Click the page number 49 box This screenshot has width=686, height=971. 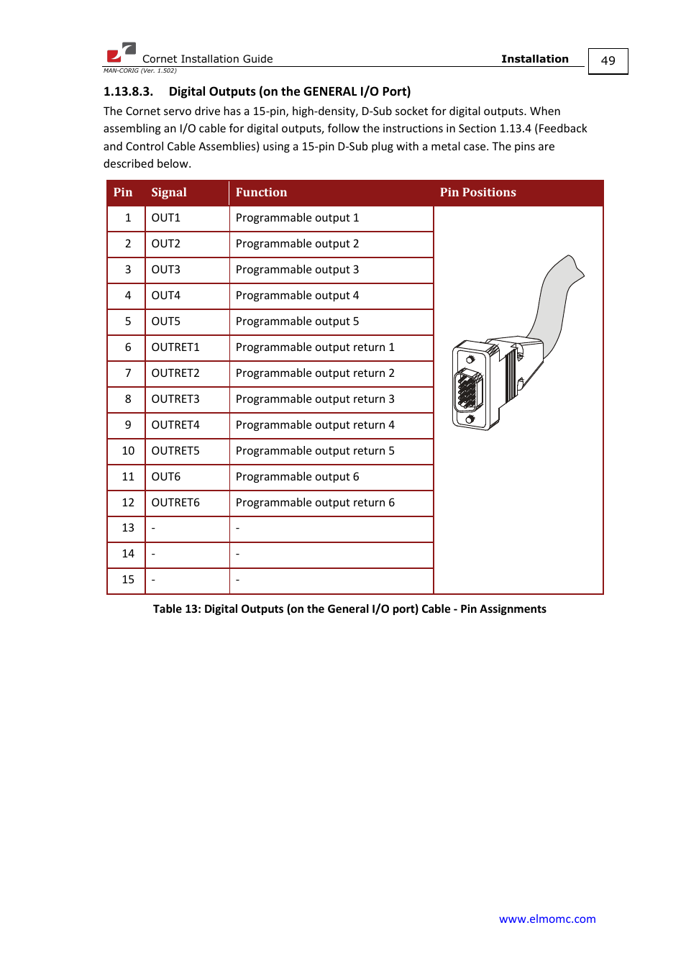click(608, 61)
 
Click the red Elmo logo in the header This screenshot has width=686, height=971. click(121, 53)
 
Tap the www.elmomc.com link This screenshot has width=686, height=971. click(547, 918)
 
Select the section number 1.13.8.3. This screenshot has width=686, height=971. click(128, 91)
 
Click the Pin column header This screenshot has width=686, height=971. click(123, 193)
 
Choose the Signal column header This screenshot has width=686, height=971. click(169, 193)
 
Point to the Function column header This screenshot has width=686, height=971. click(261, 193)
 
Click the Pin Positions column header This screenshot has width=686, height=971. click(478, 193)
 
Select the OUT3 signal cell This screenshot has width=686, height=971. click(166, 270)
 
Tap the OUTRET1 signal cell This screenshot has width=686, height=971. click(175, 347)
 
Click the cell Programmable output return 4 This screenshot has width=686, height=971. click(315, 425)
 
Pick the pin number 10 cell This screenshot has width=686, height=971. click(128, 451)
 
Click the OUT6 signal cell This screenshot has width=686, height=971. click(166, 477)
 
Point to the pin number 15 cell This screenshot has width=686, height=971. click(128, 580)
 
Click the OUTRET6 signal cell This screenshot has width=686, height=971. click(175, 503)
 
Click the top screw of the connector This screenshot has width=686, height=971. click(470, 359)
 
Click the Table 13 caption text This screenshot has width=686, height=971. click(349, 609)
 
